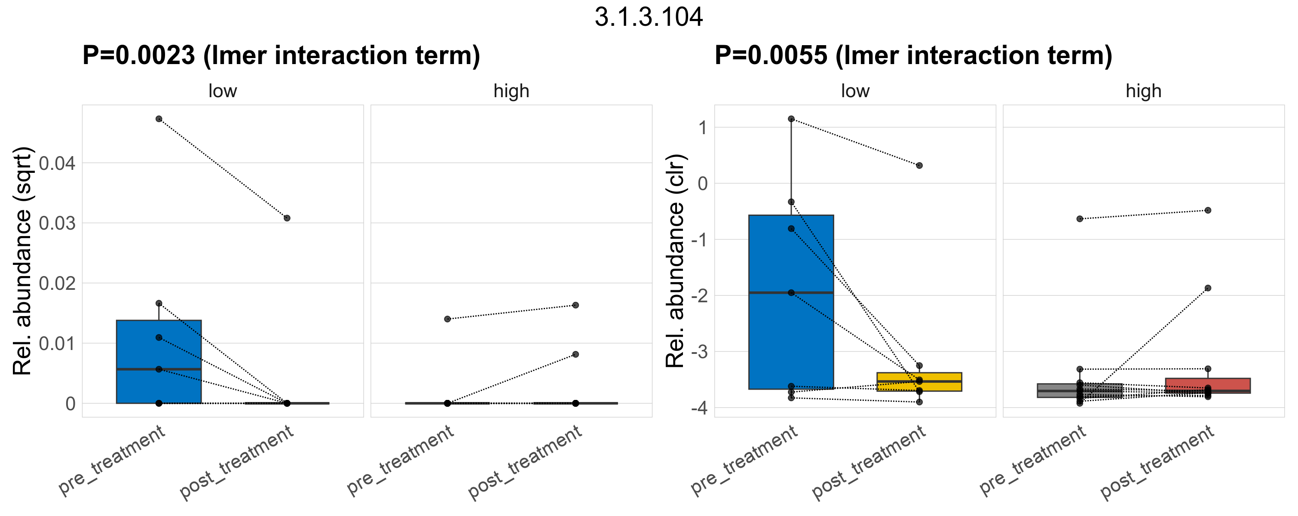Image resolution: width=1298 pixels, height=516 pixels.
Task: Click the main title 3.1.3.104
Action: click(x=649, y=18)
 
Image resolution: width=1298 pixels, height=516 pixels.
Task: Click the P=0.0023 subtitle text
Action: click(x=281, y=55)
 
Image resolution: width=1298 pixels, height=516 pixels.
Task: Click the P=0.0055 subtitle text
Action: click(x=913, y=55)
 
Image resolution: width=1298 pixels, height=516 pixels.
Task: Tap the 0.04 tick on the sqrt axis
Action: click(x=57, y=163)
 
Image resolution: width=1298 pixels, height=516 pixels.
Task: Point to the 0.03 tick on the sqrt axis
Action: click(x=57, y=223)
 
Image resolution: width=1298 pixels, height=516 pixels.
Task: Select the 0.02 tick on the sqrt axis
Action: click(x=57, y=283)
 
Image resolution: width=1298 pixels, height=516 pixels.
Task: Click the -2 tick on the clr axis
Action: click(x=699, y=295)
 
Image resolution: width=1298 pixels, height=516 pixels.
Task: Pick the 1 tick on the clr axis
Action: click(x=702, y=127)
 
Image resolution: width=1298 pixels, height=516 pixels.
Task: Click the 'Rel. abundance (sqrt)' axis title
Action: click(x=22, y=261)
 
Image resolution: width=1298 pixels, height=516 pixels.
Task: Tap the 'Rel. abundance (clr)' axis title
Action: click(x=675, y=261)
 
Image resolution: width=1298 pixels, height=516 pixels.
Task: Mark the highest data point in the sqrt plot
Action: click(x=159, y=119)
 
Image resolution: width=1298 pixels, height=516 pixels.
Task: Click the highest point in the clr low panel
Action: click(x=791, y=119)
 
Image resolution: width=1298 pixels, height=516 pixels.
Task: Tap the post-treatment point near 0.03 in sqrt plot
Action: click(x=287, y=218)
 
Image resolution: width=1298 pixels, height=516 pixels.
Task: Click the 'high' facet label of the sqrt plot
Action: click(x=511, y=91)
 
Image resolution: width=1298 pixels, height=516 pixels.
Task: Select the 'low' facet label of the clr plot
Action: click(x=855, y=91)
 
